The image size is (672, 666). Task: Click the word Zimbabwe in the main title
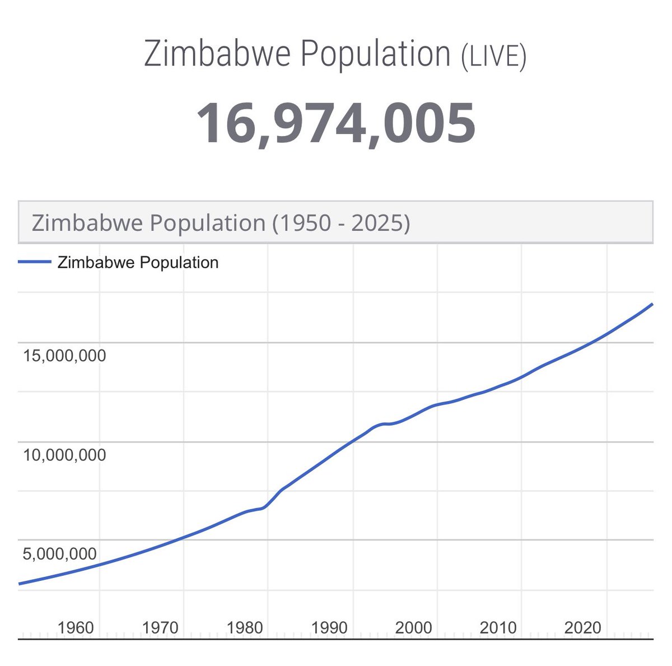[x=218, y=54]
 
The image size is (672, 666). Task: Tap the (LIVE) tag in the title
[x=493, y=57]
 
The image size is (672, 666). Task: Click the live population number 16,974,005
[x=335, y=123]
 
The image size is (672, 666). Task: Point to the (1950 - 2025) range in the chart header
[x=341, y=223]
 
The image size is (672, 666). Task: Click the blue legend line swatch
[x=35, y=262]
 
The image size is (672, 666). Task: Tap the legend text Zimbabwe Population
[x=138, y=262]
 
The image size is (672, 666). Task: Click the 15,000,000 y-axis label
[x=64, y=355]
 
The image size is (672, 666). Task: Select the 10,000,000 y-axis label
[x=64, y=455]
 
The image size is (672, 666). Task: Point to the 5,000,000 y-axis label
[x=59, y=554]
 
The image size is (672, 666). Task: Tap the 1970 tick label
[x=160, y=627]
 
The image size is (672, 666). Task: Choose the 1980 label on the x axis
[x=245, y=627]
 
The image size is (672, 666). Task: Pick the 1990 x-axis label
[x=329, y=627]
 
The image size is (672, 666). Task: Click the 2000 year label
[x=413, y=627]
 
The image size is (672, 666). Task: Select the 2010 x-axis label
[x=498, y=627]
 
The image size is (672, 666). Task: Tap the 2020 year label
[x=582, y=627]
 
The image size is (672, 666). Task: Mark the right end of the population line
[x=652, y=304]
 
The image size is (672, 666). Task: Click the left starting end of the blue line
[x=20, y=584]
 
